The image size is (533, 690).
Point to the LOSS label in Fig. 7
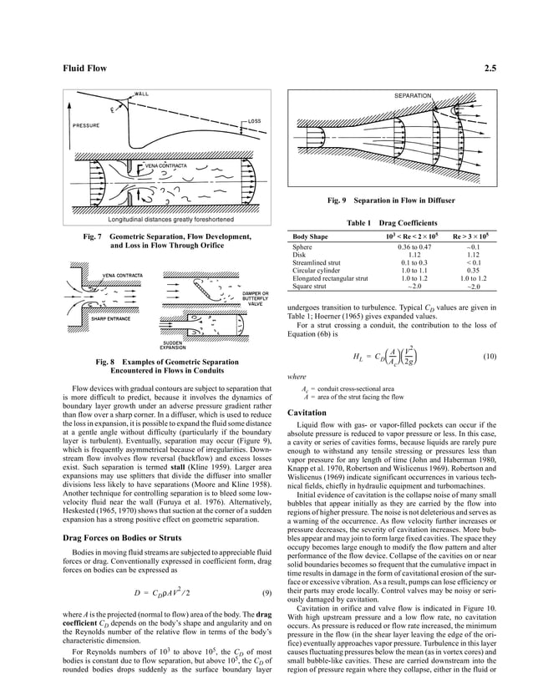click(x=254, y=122)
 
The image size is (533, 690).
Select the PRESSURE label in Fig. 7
click(x=86, y=125)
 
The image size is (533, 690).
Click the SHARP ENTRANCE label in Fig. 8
click(x=110, y=319)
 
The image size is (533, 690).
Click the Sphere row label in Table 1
click(x=302, y=247)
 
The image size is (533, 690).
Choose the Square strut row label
click(x=311, y=287)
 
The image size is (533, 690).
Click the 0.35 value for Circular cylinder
click(x=472, y=271)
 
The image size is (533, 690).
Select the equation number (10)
click(x=491, y=357)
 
